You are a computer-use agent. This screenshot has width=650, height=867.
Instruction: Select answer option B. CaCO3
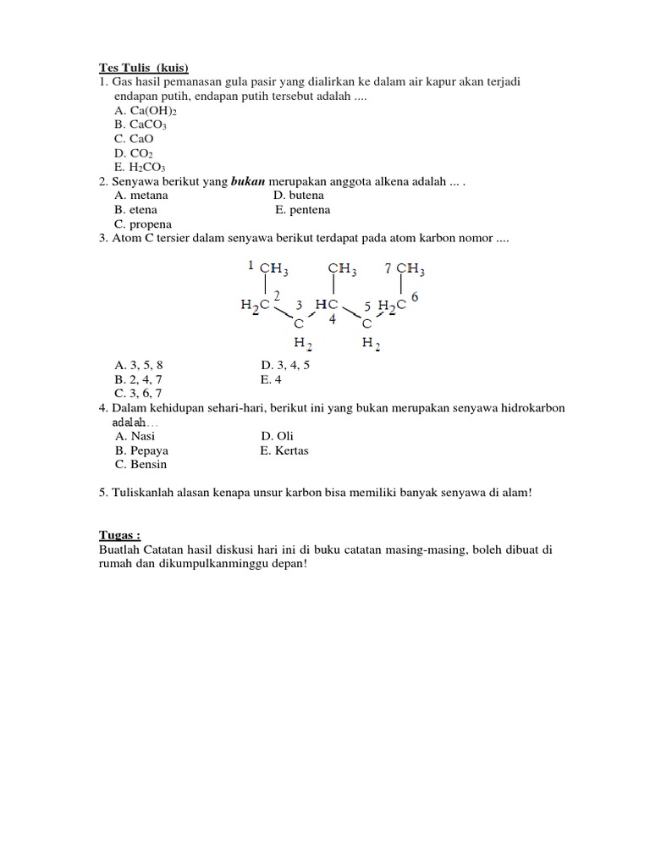[x=141, y=124]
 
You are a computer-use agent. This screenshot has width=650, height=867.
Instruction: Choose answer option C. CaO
[x=135, y=139]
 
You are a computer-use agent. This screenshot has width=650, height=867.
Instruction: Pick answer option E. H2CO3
[x=141, y=168]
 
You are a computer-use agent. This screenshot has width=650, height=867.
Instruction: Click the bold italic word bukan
[x=249, y=182]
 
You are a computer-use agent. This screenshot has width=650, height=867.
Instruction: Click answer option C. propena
[x=143, y=224]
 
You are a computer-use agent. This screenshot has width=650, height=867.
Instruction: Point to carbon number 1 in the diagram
[x=251, y=266]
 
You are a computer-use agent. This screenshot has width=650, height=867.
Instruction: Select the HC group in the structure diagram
[x=327, y=304]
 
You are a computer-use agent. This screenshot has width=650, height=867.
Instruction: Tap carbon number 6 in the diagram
[x=415, y=297]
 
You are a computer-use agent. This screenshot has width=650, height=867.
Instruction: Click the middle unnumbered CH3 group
[x=342, y=269]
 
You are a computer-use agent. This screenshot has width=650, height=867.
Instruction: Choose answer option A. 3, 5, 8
[x=139, y=366]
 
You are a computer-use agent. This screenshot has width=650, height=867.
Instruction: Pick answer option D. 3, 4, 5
[x=287, y=366]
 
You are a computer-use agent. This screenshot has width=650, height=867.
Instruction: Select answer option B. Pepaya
[x=141, y=450]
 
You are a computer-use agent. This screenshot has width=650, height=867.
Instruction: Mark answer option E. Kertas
[x=284, y=450]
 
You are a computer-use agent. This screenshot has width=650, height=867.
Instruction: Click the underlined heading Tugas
[x=119, y=535]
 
